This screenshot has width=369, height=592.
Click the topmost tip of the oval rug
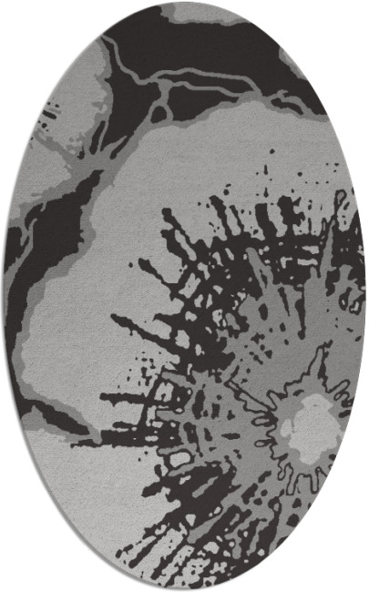(185, 4)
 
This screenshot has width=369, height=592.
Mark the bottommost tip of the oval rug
(185, 588)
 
